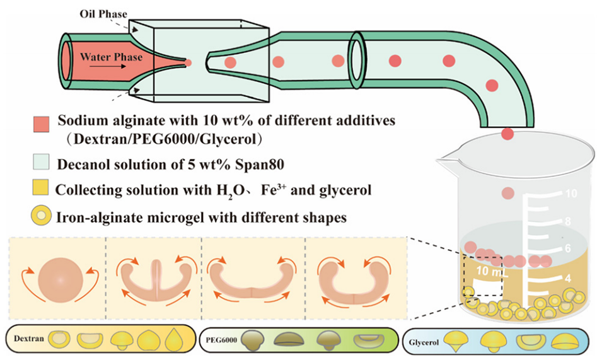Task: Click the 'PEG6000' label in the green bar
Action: pos(224,339)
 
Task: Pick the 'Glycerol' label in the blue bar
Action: pos(424,344)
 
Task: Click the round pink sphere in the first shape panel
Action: pos(61,280)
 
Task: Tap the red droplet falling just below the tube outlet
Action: pos(507,134)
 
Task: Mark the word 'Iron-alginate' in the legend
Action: pos(91,216)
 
